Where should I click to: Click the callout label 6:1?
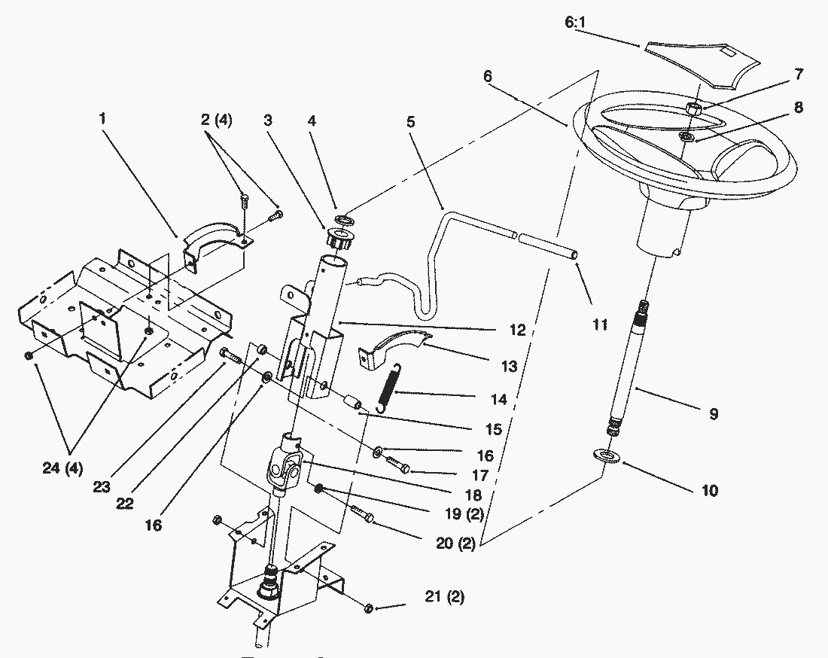(x=575, y=23)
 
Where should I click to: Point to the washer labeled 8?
(x=687, y=137)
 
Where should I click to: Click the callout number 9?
(x=714, y=413)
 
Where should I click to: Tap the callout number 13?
(x=509, y=366)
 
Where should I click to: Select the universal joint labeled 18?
(x=285, y=465)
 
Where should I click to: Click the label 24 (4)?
(x=62, y=468)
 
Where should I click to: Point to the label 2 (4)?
(x=216, y=120)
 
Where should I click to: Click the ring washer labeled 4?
(x=342, y=218)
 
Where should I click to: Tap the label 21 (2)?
(x=445, y=597)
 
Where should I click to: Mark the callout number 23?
(x=102, y=486)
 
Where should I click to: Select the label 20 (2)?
(x=455, y=544)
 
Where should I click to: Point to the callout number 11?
(x=599, y=324)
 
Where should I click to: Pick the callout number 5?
(x=411, y=122)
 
